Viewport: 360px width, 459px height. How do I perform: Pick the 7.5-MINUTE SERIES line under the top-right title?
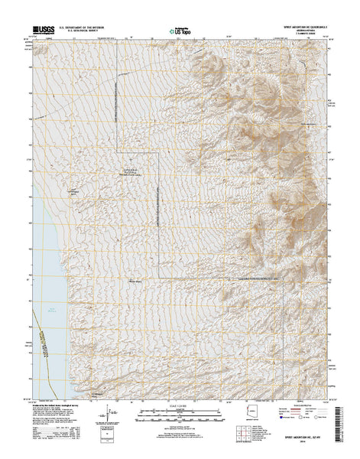310,36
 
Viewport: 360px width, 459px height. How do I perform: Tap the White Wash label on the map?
135,280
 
